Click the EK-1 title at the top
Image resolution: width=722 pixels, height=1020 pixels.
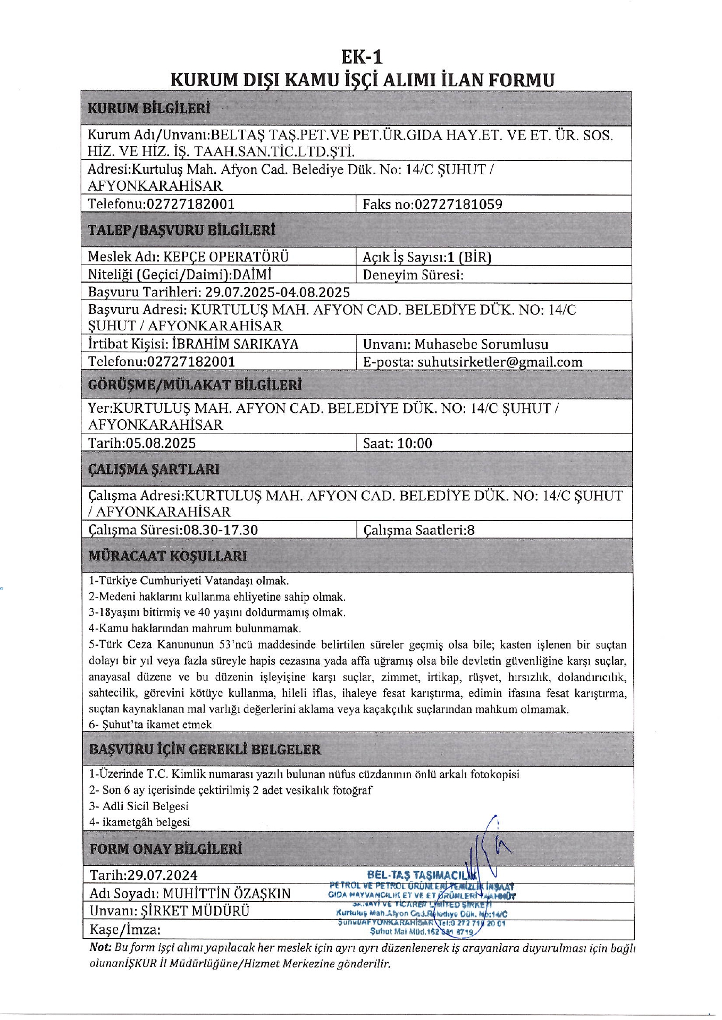tap(362, 57)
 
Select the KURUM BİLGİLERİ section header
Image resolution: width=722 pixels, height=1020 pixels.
tap(149, 108)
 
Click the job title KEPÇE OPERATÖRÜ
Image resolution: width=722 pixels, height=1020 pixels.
tap(226, 257)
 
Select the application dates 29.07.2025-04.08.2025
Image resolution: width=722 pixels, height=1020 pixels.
tap(278, 292)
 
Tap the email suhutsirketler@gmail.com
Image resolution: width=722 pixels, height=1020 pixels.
tap(500, 362)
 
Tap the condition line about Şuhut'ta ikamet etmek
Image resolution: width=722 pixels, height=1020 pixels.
tap(150, 725)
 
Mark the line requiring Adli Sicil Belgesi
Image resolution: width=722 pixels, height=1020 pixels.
tap(139, 806)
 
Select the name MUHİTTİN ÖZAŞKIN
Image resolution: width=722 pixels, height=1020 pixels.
tap(227, 893)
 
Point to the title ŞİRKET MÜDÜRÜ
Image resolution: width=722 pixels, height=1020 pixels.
tap(195, 911)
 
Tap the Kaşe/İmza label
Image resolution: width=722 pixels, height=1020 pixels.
tap(125, 930)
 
